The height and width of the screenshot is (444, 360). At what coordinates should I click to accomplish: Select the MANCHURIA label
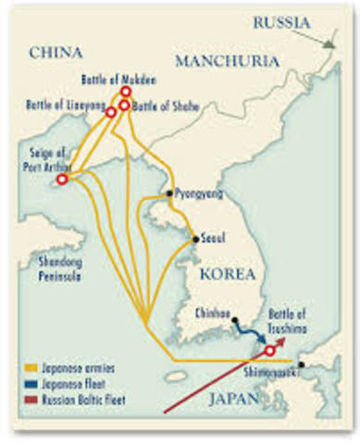pyautogui.click(x=226, y=62)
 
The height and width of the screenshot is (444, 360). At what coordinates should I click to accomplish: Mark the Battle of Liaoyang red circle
pyautogui.click(x=111, y=112)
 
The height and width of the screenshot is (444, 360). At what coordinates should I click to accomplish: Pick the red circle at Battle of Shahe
pyautogui.click(x=123, y=105)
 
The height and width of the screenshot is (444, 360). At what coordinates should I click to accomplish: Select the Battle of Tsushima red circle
pyautogui.click(x=269, y=351)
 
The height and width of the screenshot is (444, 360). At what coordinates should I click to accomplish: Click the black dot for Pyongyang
pyautogui.click(x=169, y=194)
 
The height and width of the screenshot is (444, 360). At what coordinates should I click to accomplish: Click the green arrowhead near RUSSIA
pyautogui.click(x=329, y=41)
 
